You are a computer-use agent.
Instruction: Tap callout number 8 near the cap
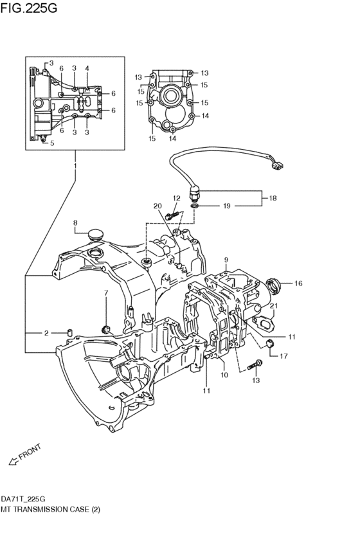75,223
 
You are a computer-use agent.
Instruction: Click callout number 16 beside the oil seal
298,283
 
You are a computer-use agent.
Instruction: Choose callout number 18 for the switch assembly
273,199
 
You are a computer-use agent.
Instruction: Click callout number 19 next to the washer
226,206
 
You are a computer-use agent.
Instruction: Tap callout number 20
156,206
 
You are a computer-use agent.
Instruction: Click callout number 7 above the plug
105,294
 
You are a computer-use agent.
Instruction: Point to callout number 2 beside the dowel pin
46,333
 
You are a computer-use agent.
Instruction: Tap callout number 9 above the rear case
226,260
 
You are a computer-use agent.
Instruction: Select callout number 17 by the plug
283,355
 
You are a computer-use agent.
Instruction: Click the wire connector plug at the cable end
276,165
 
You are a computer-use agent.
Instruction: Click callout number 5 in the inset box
52,143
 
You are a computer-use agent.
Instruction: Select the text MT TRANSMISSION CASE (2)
51,508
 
